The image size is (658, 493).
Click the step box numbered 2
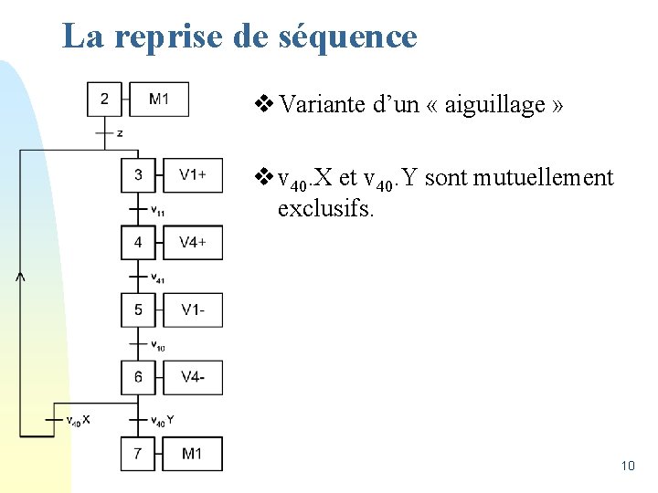(x=104, y=99)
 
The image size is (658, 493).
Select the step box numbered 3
(x=138, y=174)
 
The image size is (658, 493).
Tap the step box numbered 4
(x=138, y=242)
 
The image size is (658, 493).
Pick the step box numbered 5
(x=138, y=309)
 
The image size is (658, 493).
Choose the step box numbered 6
(x=138, y=377)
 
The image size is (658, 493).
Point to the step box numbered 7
(x=138, y=454)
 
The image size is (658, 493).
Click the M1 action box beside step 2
(x=159, y=99)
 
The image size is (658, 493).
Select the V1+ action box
(x=193, y=174)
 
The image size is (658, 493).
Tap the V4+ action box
(x=193, y=242)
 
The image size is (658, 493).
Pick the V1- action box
(x=193, y=309)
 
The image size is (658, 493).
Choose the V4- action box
(x=193, y=377)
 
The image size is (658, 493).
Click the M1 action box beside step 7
(x=193, y=454)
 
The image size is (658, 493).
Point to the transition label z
(x=120, y=134)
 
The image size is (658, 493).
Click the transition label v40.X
(x=78, y=420)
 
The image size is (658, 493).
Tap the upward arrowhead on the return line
(x=20, y=275)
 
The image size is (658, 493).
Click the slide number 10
(x=627, y=467)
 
